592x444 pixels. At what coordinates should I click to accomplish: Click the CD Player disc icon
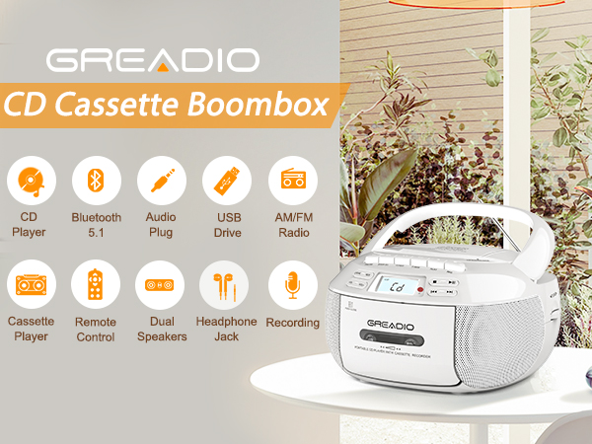click(x=32, y=181)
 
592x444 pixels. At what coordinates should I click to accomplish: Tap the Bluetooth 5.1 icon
click(x=96, y=181)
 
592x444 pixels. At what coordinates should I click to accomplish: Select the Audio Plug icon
click(x=161, y=181)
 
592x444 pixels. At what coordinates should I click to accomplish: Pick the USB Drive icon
click(x=226, y=181)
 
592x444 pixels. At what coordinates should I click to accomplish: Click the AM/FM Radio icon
click(x=293, y=181)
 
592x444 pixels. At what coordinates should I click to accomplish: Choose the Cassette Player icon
click(x=32, y=285)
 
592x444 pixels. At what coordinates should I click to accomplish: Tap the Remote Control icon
click(x=96, y=285)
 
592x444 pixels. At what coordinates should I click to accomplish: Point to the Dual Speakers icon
click(x=161, y=285)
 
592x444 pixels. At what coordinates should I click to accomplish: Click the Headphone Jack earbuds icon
click(x=226, y=285)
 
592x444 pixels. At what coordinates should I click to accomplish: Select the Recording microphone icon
click(x=293, y=285)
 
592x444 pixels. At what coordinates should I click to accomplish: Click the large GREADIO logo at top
click(x=153, y=58)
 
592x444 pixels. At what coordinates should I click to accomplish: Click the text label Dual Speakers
click(x=161, y=330)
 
